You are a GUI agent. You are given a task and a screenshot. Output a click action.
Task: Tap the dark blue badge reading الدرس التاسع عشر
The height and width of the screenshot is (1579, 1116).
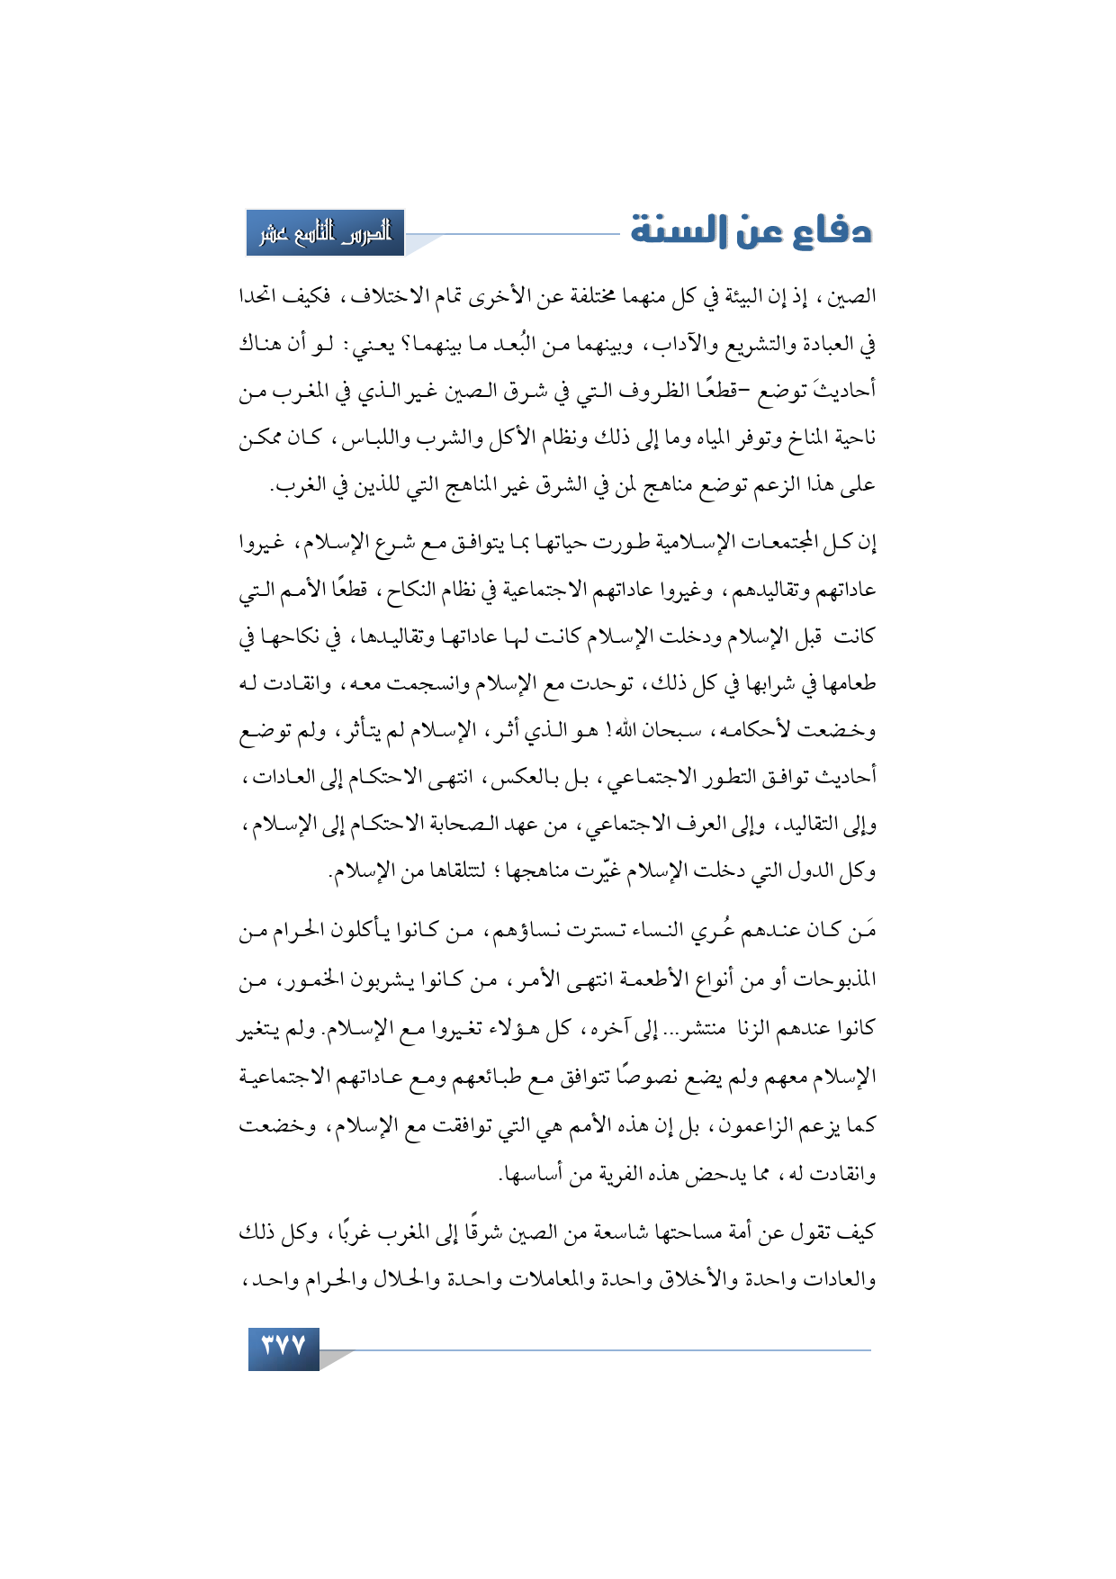[325, 233]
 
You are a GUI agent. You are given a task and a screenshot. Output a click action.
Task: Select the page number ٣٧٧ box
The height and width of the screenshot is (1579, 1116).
[283, 1348]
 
